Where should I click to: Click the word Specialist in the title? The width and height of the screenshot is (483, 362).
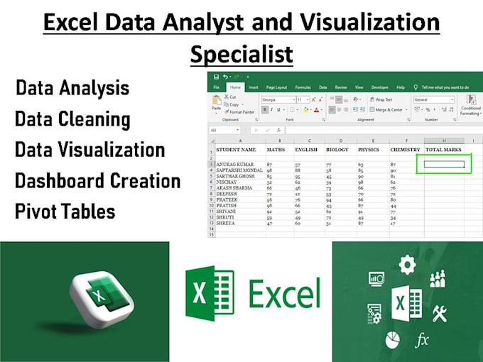point(241,53)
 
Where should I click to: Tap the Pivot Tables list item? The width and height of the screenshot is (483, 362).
point(65,212)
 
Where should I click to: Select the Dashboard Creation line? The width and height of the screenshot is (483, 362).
point(97,181)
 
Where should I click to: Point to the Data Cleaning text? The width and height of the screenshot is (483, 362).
point(72,119)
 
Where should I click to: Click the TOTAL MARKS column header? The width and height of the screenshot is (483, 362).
point(444,150)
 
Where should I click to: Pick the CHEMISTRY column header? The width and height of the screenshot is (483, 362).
point(405,150)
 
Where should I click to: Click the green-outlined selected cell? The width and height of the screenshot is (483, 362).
point(444,165)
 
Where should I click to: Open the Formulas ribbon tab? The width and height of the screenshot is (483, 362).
point(303,87)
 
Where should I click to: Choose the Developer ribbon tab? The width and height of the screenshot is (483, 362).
point(380,87)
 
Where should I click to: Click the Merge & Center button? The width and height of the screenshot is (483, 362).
point(389,110)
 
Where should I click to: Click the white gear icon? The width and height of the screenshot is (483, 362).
point(407,265)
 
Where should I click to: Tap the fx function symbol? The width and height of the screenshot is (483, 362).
point(422,341)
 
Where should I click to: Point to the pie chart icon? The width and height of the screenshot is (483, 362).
point(391,339)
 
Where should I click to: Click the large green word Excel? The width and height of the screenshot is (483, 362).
point(285,293)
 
